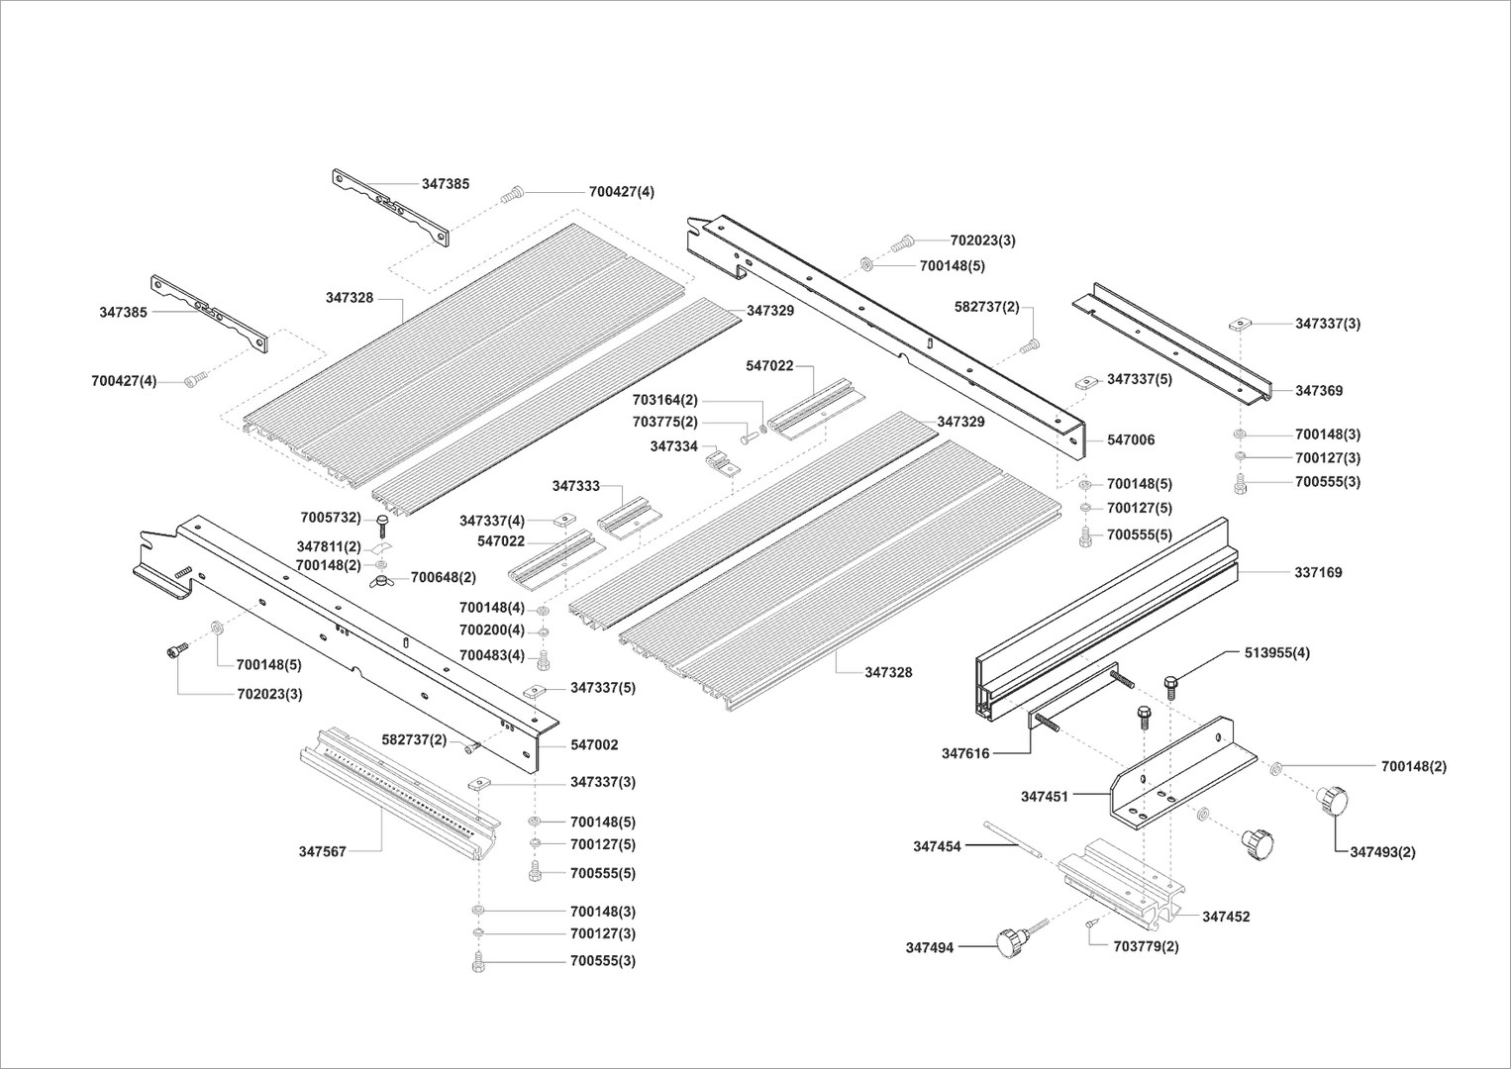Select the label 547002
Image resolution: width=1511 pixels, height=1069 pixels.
pyautogui.click(x=594, y=744)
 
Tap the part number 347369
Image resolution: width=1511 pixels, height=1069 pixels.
pyautogui.click(x=1319, y=391)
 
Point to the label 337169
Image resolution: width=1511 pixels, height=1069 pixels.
pyautogui.click(x=1318, y=572)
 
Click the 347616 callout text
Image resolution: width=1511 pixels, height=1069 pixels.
pyautogui.click(x=966, y=753)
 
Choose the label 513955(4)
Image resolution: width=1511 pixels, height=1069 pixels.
pyautogui.click(x=1277, y=653)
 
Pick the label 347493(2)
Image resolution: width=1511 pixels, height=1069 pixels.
pyautogui.click(x=1383, y=852)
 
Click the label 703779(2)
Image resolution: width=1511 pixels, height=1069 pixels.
pyautogui.click(x=1146, y=946)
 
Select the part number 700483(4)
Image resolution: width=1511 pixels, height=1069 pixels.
pyautogui.click(x=492, y=655)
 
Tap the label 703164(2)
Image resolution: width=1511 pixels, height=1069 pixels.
pyautogui.click(x=665, y=400)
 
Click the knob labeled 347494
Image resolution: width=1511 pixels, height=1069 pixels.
pyautogui.click(x=1013, y=942)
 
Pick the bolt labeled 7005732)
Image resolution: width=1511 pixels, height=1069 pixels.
pyautogui.click(x=381, y=524)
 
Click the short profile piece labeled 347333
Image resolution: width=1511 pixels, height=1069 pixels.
pyautogui.click(x=630, y=518)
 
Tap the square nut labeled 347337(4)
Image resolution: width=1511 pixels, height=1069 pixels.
pyautogui.click(x=564, y=520)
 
